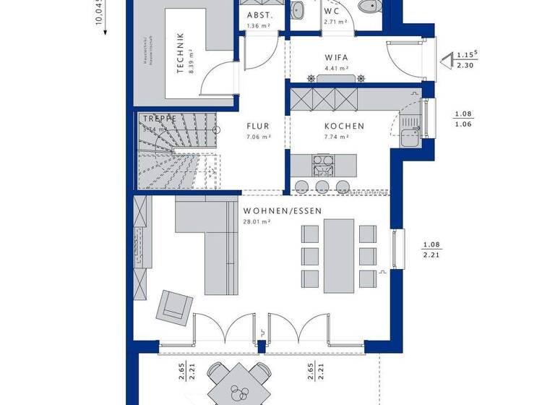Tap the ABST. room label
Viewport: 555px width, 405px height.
tap(259, 15)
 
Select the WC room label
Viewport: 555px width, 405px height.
tap(332, 12)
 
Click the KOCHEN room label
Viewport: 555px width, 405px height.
tap(344, 126)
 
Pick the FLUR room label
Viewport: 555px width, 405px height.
tap(257, 126)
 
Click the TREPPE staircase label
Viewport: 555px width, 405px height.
tap(160, 119)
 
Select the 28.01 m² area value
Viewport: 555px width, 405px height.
tap(257, 223)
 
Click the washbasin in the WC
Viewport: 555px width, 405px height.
tap(298, 9)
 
